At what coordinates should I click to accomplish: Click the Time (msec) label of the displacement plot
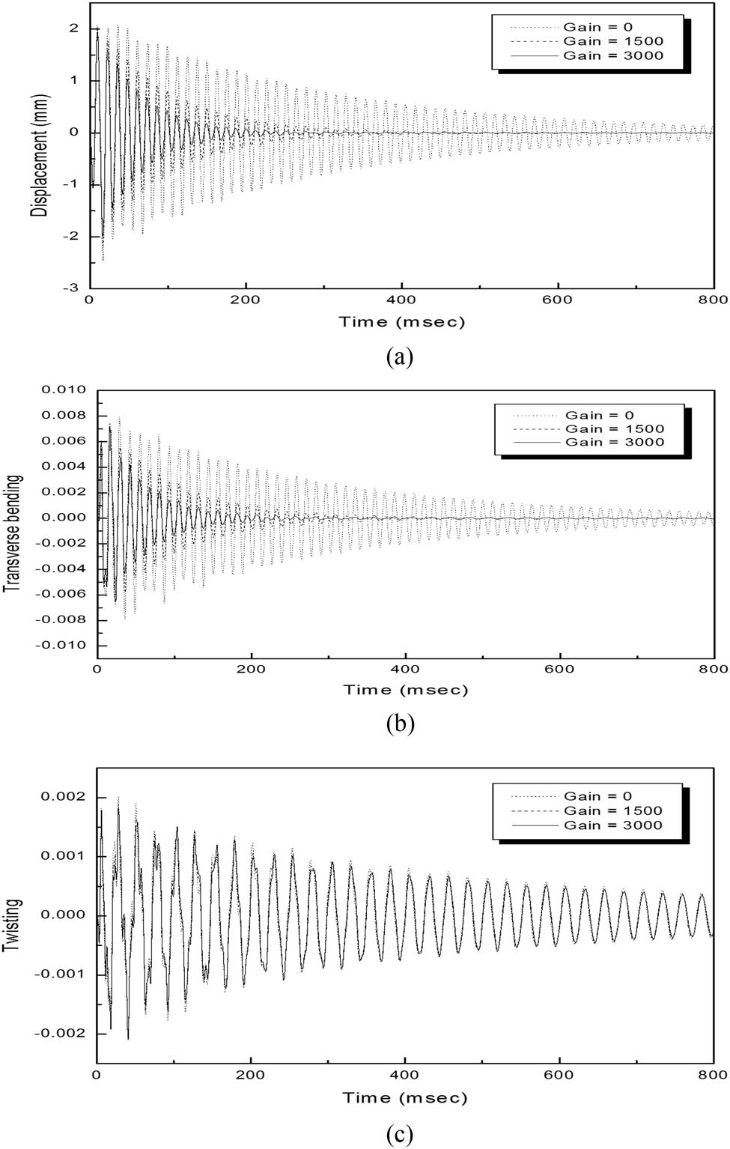point(402,322)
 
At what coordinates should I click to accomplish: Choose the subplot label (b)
point(400,724)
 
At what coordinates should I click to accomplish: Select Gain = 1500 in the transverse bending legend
point(614,429)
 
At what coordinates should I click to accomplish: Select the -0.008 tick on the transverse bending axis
point(66,620)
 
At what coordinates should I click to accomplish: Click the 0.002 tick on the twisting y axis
point(66,796)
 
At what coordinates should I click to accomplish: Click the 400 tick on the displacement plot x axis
point(402,300)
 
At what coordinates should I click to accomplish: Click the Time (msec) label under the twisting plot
point(405,1098)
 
